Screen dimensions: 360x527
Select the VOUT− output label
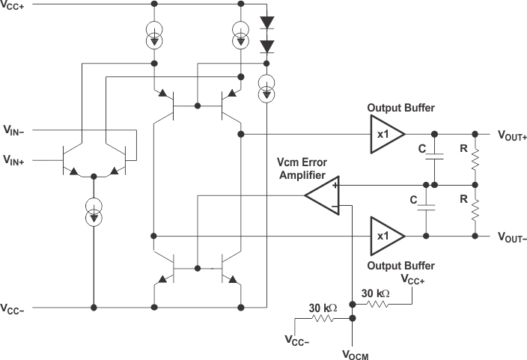(x=513, y=236)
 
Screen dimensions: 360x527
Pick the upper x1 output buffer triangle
(x=385, y=135)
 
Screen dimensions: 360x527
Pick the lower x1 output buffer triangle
(x=385, y=235)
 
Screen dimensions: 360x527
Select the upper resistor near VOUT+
(x=475, y=159)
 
